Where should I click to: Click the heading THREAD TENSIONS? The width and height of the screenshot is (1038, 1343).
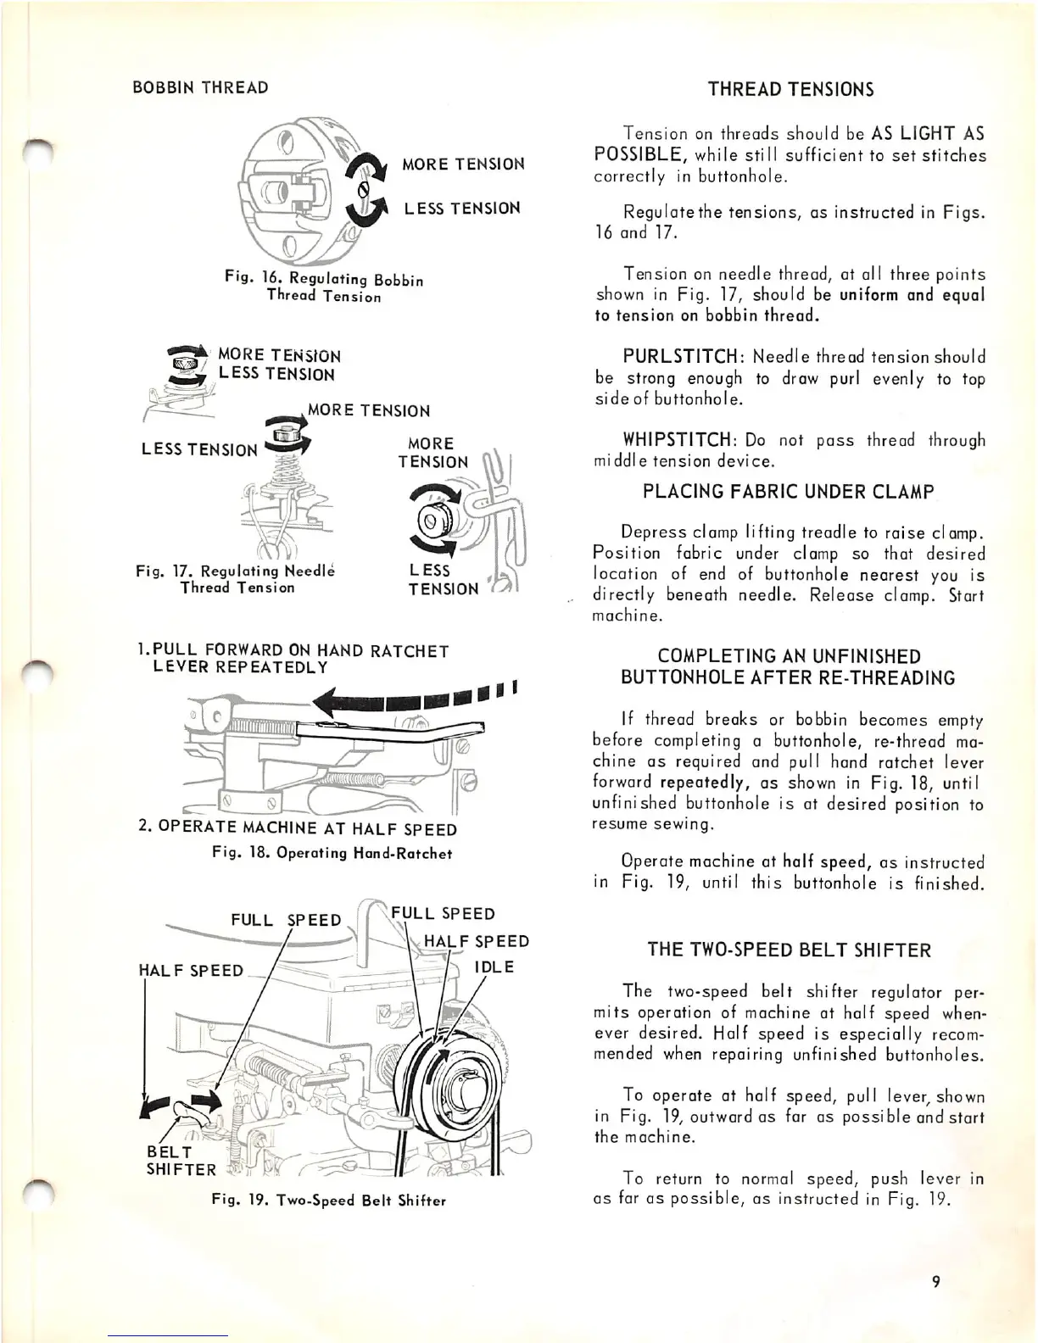point(790,90)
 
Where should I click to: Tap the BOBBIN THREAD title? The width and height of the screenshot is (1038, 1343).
point(200,87)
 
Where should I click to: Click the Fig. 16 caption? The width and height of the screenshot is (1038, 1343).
point(323,287)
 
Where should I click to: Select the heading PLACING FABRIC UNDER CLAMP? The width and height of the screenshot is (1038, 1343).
point(789,491)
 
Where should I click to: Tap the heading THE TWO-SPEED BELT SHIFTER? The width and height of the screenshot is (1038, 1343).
point(789,950)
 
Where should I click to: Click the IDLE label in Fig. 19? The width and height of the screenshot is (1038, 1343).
point(494,967)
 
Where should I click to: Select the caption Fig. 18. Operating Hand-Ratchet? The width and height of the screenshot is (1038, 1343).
point(332,853)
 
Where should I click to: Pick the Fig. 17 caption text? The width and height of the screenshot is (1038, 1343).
point(237,579)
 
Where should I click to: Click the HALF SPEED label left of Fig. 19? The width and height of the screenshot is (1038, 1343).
point(191,970)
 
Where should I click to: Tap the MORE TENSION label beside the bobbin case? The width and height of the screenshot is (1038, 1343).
point(463,164)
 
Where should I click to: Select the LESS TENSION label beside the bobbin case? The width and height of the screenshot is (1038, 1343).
point(462,209)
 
